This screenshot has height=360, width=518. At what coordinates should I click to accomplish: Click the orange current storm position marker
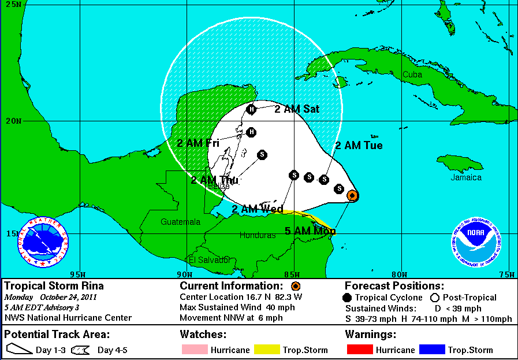point(352,196)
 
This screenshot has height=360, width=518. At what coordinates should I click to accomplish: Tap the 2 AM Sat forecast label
point(297,109)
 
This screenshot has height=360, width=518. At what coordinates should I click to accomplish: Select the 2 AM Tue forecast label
point(359,146)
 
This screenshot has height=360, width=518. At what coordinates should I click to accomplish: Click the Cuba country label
point(412,75)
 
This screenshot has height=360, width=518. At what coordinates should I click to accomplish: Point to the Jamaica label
point(466,177)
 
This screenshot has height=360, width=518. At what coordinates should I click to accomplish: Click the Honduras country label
point(258,235)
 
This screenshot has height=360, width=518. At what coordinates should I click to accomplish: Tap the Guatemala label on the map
point(181,222)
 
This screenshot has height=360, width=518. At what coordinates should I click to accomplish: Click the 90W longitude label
point(184,274)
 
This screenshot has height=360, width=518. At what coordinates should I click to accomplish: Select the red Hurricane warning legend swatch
point(359,350)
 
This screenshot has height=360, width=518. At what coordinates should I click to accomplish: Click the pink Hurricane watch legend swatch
point(193,350)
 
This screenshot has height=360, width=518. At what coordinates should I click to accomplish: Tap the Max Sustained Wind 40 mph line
point(237,307)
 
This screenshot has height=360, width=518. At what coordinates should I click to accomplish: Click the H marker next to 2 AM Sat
point(251,109)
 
